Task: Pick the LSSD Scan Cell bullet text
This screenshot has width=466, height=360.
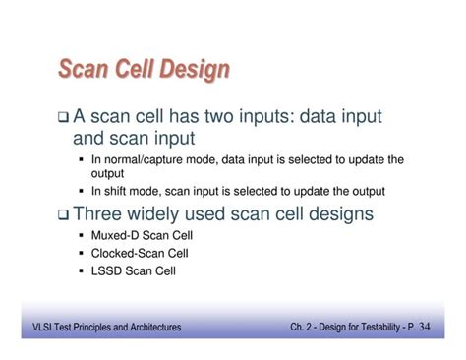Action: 134,270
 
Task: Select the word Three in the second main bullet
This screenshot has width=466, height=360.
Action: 100,213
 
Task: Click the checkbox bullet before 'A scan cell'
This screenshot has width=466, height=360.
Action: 63,118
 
